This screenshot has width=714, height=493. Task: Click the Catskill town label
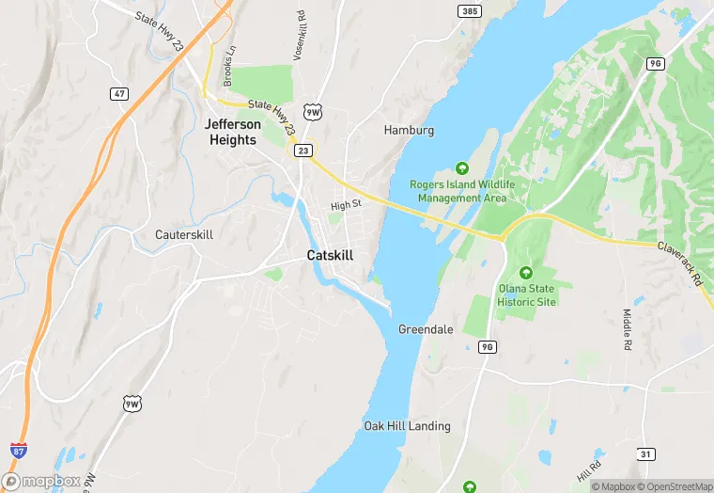[331, 255]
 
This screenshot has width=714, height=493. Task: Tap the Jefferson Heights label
[233, 132]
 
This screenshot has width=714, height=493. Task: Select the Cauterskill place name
[184, 233]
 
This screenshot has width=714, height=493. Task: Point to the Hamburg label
[409, 130]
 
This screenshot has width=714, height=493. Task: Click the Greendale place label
[426, 329]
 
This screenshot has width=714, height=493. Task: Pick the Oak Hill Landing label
[407, 426]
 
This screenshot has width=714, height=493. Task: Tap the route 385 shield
[471, 11]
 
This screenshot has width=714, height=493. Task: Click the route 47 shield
[118, 93]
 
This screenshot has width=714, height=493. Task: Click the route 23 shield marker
[303, 150]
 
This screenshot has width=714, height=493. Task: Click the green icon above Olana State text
[525, 273]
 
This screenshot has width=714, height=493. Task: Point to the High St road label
[346, 205]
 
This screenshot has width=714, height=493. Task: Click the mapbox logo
[42, 481]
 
